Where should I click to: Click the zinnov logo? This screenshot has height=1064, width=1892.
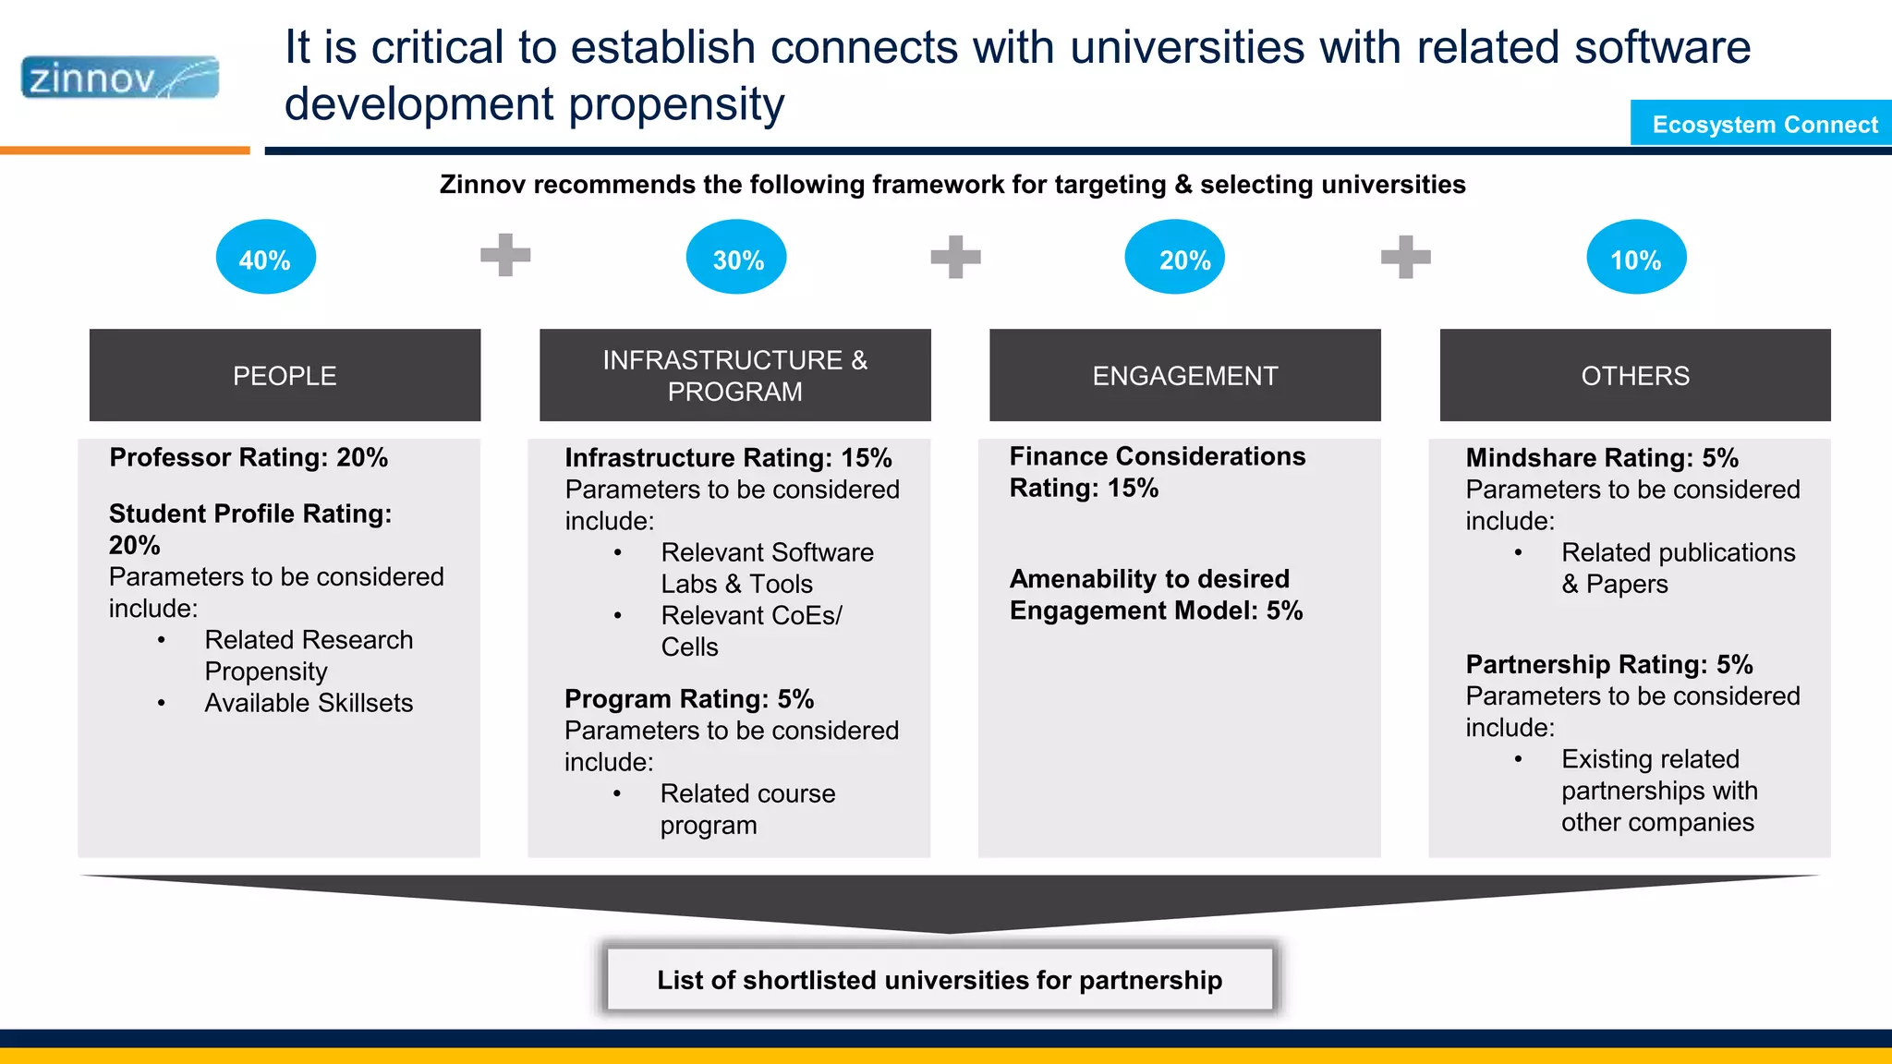(x=120, y=78)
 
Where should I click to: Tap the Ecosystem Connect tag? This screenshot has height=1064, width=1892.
(x=1763, y=124)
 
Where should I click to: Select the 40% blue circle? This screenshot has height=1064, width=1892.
(x=266, y=258)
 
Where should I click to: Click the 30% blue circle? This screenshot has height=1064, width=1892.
(x=736, y=258)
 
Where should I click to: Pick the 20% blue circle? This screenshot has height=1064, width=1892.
(x=1175, y=258)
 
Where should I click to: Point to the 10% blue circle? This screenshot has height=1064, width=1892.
(x=1636, y=258)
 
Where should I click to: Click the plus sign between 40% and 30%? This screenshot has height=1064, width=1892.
(x=505, y=256)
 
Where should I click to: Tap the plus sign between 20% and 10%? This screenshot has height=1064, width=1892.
(x=1405, y=257)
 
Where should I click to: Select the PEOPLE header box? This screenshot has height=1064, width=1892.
(x=285, y=375)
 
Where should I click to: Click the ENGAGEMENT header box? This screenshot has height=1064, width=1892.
(x=1184, y=375)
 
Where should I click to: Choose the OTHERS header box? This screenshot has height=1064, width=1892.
(x=1634, y=375)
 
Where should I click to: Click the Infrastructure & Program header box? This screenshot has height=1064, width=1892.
(x=734, y=375)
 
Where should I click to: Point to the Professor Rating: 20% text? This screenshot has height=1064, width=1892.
(x=249, y=457)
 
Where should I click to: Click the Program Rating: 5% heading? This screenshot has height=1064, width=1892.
(x=689, y=699)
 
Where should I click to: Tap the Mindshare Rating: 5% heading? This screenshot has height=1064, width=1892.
(x=1602, y=458)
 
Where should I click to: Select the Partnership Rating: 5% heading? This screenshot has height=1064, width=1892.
(x=1608, y=665)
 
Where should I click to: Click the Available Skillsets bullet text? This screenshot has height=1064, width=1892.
(x=309, y=703)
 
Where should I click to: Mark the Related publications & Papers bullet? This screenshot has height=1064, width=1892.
(x=1677, y=568)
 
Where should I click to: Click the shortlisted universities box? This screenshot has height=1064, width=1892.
(x=940, y=980)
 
